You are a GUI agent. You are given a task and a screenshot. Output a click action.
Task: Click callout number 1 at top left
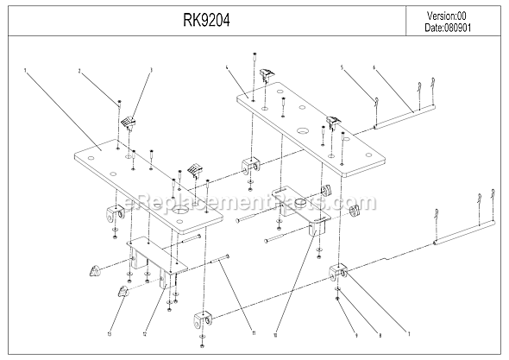point(27,69)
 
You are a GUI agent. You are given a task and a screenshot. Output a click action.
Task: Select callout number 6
point(374,66)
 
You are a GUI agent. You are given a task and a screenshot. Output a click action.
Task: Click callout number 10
point(274,333)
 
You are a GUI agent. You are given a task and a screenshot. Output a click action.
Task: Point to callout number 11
point(229,333)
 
